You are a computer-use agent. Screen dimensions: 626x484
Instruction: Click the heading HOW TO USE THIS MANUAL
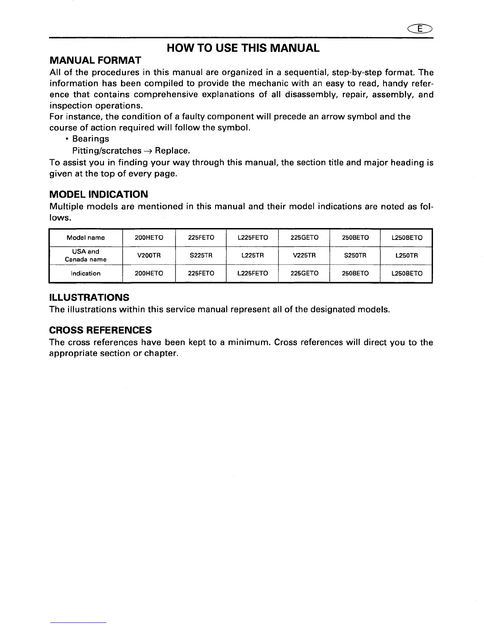pyautogui.click(x=242, y=48)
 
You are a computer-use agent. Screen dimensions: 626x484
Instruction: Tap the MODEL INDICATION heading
pyautogui.click(x=98, y=194)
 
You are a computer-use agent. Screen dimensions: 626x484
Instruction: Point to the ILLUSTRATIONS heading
pyautogui.click(x=89, y=297)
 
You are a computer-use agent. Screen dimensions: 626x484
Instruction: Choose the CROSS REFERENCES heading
pyautogui.click(x=100, y=330)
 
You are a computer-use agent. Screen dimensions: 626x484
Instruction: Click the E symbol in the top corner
pyautogui.click(x=422, y=28)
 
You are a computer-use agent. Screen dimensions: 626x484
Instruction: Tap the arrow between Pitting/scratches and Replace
pyautogui.click(x=148, y=151)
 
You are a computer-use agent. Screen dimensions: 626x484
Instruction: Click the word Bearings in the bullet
pyautogui.click(x=91, y=139)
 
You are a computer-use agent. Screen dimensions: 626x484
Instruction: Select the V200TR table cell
pyautogui.click(x=149, y=256)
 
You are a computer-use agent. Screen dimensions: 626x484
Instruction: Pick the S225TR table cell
pyautogui.click(x=201, y=256)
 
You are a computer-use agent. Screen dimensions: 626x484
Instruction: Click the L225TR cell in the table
pyautogui.click(x=252, y=256)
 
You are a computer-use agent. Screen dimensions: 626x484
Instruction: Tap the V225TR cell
pyautogui.click(x=304, y=256)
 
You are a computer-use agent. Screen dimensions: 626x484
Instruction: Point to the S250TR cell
pyautogui.click(x=355, y=256)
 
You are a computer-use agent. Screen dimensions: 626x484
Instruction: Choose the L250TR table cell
pyautogui.click(x=406, y=256)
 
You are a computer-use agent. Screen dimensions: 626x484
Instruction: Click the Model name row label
pyautogui.click(x=85, y=238)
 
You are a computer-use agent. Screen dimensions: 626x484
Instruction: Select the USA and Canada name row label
pyautogui.click(x=85, y=256)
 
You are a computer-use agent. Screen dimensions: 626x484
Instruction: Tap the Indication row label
pyautogui.click(x=85, y=273)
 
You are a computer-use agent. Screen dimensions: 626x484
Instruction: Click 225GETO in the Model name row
pyautogui.click(x=304, y=238)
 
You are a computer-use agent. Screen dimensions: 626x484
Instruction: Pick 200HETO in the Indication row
pyautogui.click(x=149, y=273)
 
